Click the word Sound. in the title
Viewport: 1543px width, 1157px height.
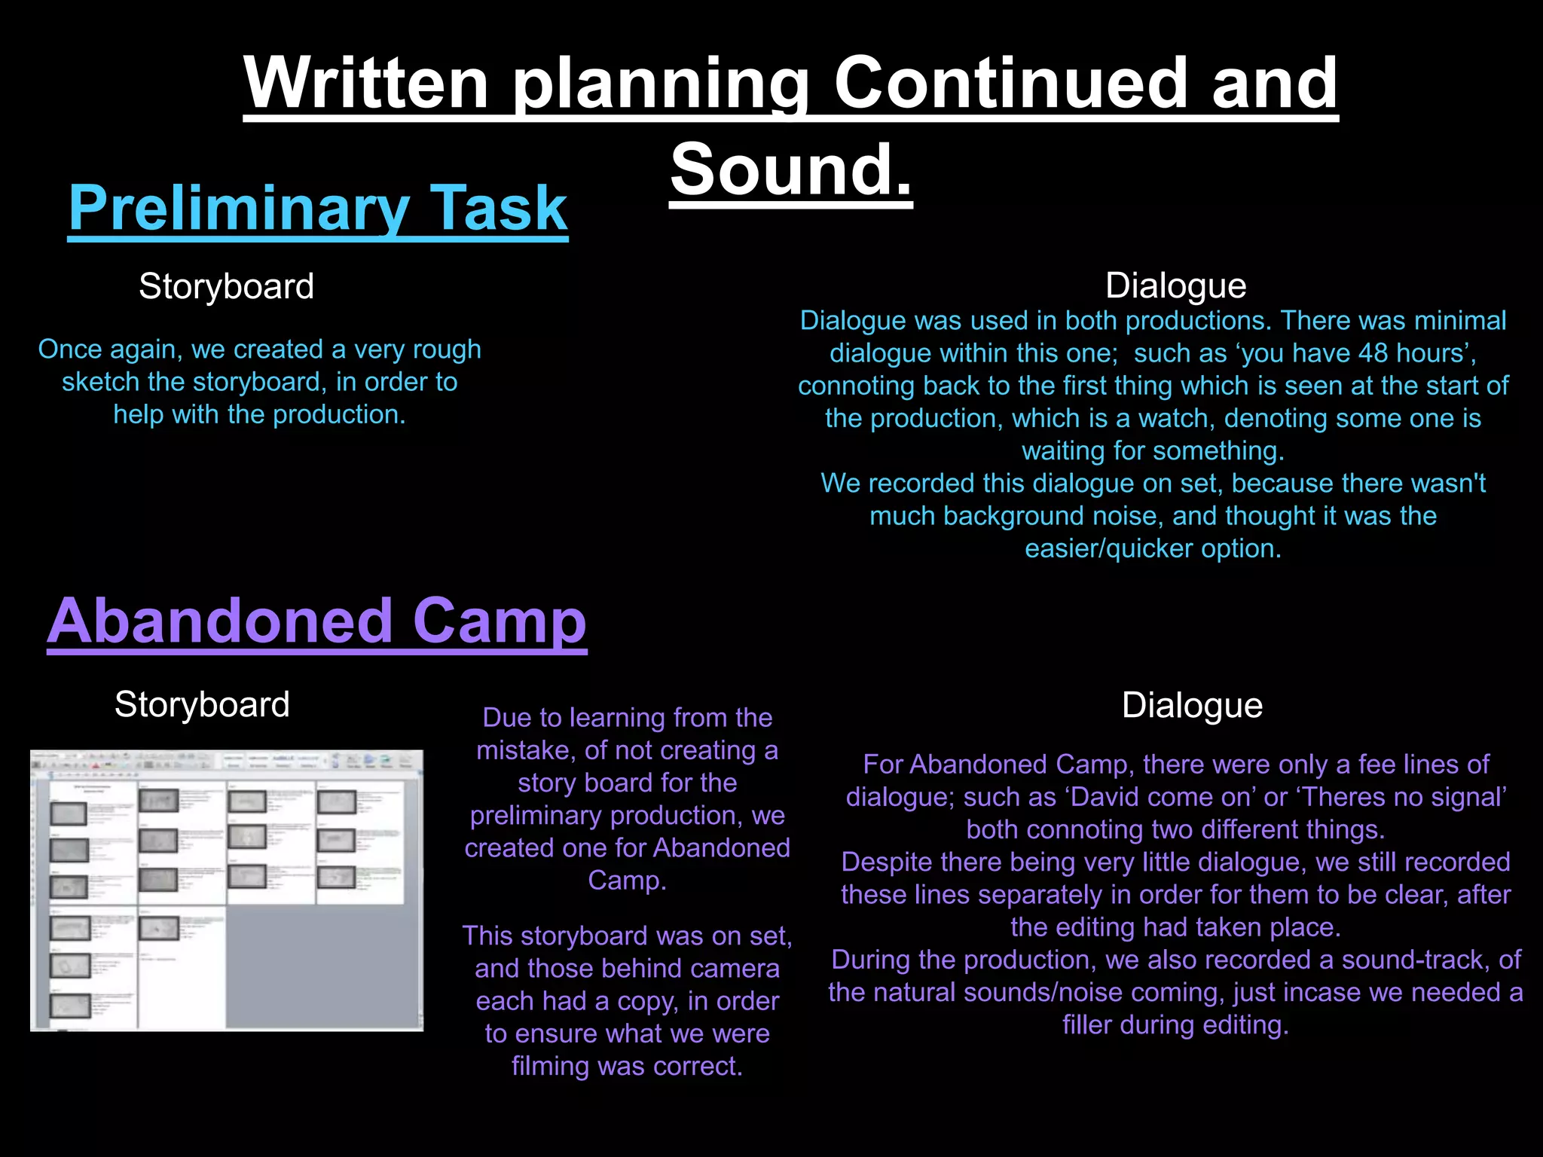[791, 169]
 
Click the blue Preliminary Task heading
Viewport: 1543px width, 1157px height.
[317, 208]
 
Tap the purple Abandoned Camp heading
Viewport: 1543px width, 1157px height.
[316, 621]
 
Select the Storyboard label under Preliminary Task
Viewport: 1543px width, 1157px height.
[226, 286]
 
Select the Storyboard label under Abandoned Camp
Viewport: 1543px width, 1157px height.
[202, 704]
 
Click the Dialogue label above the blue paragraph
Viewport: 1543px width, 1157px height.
[1175, 285]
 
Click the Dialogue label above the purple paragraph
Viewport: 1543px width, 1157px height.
[1192, 705]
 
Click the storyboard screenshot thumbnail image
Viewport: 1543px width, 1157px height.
[226, 890]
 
